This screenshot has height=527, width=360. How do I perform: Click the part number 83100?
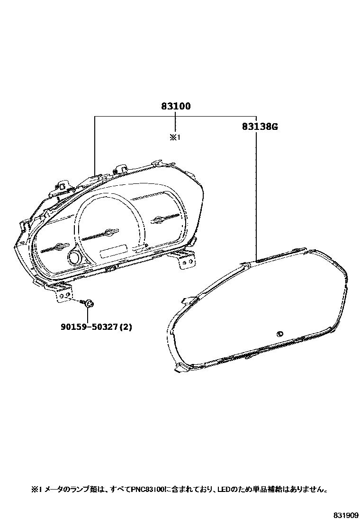pos(176,106)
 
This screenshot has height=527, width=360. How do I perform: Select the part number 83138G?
pos(260,127)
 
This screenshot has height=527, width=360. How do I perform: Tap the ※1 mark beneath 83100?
pos(175,137)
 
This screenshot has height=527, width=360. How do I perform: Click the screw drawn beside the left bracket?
pos(88,304)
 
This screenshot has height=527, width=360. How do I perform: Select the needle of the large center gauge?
pos(100,234)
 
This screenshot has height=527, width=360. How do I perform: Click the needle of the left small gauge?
pos(54,248)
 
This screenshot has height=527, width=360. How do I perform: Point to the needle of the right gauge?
pos(166,218)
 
